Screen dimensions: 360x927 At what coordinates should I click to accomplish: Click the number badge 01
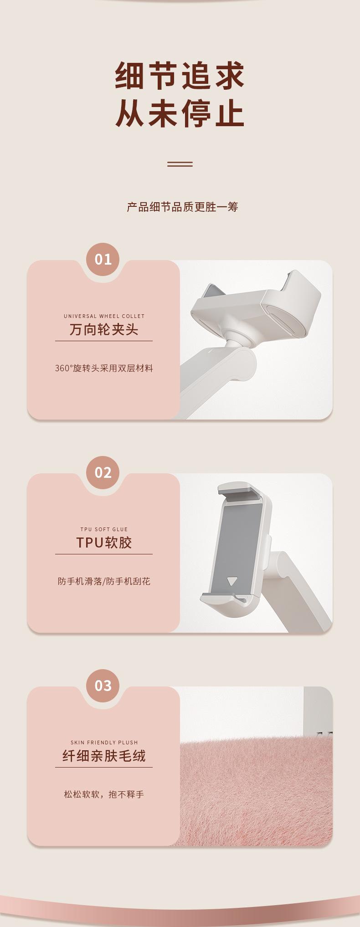point(103,259)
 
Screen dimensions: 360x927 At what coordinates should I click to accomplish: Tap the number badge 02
point(103,472)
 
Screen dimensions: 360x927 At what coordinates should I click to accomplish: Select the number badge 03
point(103,686)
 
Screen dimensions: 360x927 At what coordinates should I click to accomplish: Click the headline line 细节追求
point(180,76)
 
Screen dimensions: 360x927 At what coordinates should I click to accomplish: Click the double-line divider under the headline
point(180,164)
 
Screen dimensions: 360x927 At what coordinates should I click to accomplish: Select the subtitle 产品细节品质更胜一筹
point(182,207)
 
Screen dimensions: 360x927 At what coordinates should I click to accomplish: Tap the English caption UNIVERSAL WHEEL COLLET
point(104,316)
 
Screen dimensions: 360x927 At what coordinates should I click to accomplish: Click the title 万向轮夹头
point(104,329)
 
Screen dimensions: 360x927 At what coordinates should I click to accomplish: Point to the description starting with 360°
point(104,368)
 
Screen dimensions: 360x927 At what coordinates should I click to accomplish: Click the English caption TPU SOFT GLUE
point(104,529)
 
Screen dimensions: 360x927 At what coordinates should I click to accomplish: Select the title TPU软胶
point(104,543)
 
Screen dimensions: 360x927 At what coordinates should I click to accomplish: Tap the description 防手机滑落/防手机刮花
point(104,581)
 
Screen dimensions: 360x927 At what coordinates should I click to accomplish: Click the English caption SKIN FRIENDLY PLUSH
point(104,743)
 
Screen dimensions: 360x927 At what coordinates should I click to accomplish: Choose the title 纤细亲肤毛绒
point(104,756)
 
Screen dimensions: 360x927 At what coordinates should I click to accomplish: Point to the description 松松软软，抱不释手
point(104,794)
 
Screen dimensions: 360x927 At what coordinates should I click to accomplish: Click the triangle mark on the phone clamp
point(232,581)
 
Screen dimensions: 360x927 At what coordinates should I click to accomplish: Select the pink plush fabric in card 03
point(256,793)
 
